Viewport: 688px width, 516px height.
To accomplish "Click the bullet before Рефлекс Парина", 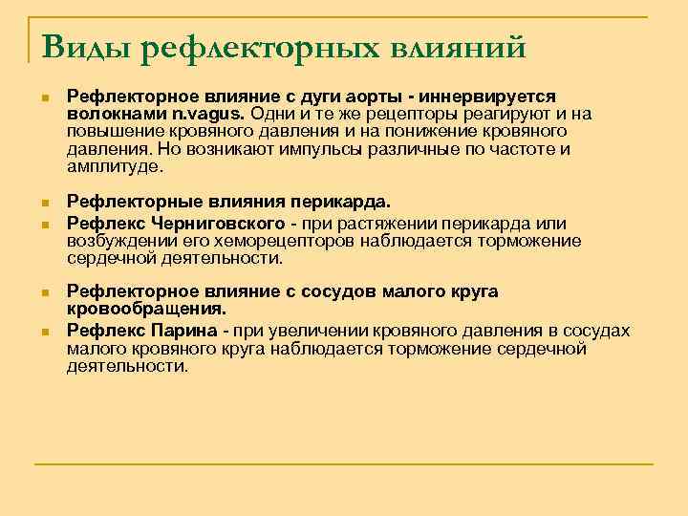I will (x=44, y=330).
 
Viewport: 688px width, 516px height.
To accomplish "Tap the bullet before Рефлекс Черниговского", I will (x=44, y=223).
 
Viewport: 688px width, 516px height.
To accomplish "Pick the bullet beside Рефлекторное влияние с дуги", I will (x=44, y=97).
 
